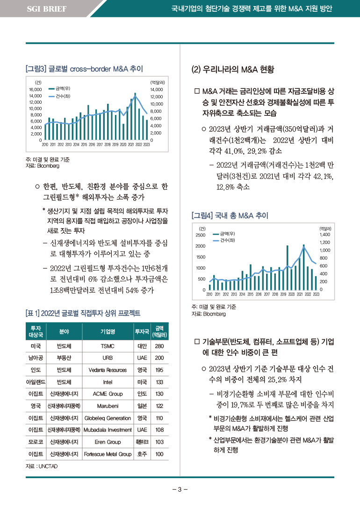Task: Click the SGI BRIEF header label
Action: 47,9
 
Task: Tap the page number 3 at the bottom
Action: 180,489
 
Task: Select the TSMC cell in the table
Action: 108,346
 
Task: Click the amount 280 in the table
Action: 159,346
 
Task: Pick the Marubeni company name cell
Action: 108,406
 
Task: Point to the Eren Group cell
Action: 108,442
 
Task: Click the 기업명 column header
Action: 108,331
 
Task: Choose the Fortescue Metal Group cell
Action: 108,454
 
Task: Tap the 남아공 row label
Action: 36,358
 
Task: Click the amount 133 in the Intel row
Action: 159,382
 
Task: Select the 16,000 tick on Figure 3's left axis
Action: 36,89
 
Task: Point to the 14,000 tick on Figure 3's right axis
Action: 157,89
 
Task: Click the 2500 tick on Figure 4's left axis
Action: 200,235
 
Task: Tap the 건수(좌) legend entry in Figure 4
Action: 223,240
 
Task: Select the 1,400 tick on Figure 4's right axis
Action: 324,234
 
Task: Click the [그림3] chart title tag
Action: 36,69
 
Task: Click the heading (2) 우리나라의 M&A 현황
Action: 233,69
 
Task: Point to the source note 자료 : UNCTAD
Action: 42,466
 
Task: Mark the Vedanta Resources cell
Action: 108,370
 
